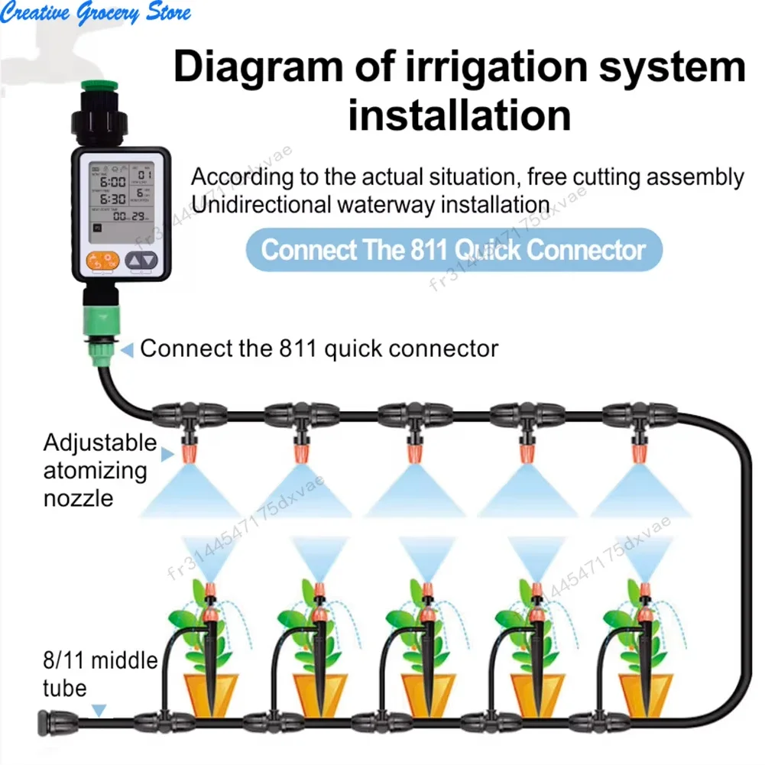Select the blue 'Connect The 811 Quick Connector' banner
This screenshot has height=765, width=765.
coord(454,250)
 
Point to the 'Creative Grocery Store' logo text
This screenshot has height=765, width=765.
coord(96,13)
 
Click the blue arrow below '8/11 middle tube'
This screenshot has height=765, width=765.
coord(98,712)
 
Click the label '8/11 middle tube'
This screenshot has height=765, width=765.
coord(99,673)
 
